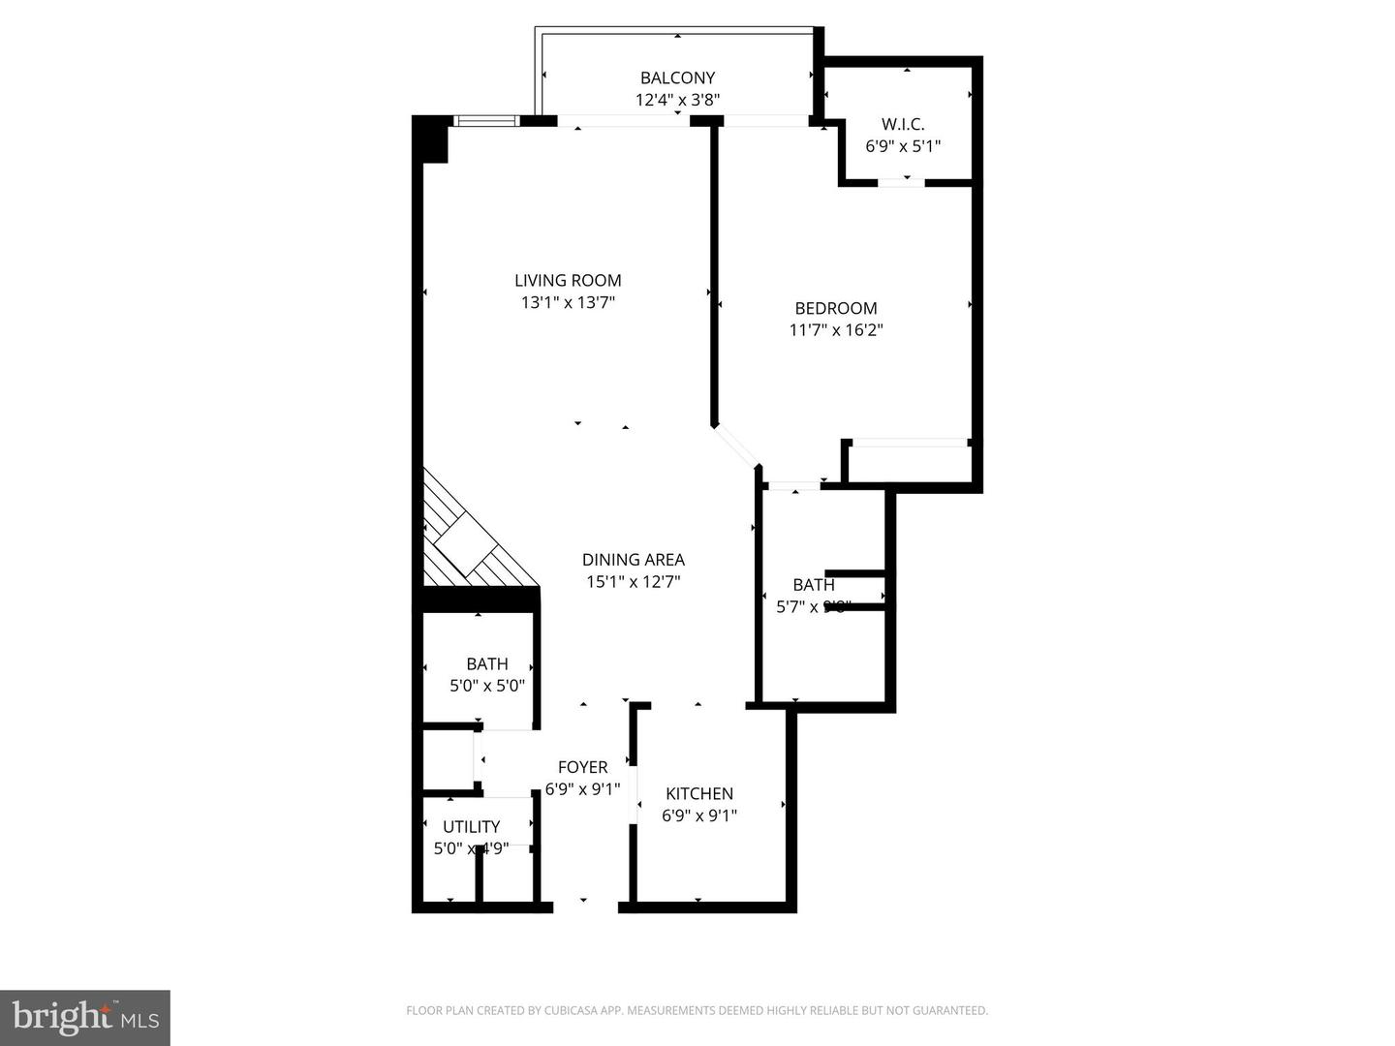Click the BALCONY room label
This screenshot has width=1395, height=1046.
click(x=677, y=77)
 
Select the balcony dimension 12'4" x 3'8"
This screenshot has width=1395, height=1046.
click(x=677, y=100)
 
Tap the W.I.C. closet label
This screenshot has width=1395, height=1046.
click(x=903, y=124)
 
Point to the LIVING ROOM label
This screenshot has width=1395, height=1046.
click(x=568, y=281)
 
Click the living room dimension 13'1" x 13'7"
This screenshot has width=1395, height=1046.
click(x=568, y=303)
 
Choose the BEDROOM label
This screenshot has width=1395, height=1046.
click(x=835, y=308)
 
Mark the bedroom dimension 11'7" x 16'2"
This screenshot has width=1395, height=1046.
click(x=835, y=330)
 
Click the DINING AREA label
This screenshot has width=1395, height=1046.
click(x=633, y=560)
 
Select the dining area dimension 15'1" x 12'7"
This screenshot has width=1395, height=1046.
click(x=633, y=582)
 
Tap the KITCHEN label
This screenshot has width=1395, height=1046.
click(x=698, y=794)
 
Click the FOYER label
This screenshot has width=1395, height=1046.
click(x=582, y=767)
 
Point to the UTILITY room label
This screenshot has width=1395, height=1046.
click(x=471, y=827)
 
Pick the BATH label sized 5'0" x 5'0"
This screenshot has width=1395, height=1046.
click(x=486, y=664)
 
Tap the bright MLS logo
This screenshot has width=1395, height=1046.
click(x=85, y=1017)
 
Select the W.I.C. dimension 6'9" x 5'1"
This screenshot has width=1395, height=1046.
click(x=903, y=146)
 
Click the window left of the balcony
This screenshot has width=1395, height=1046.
click(x=487, y=121)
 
